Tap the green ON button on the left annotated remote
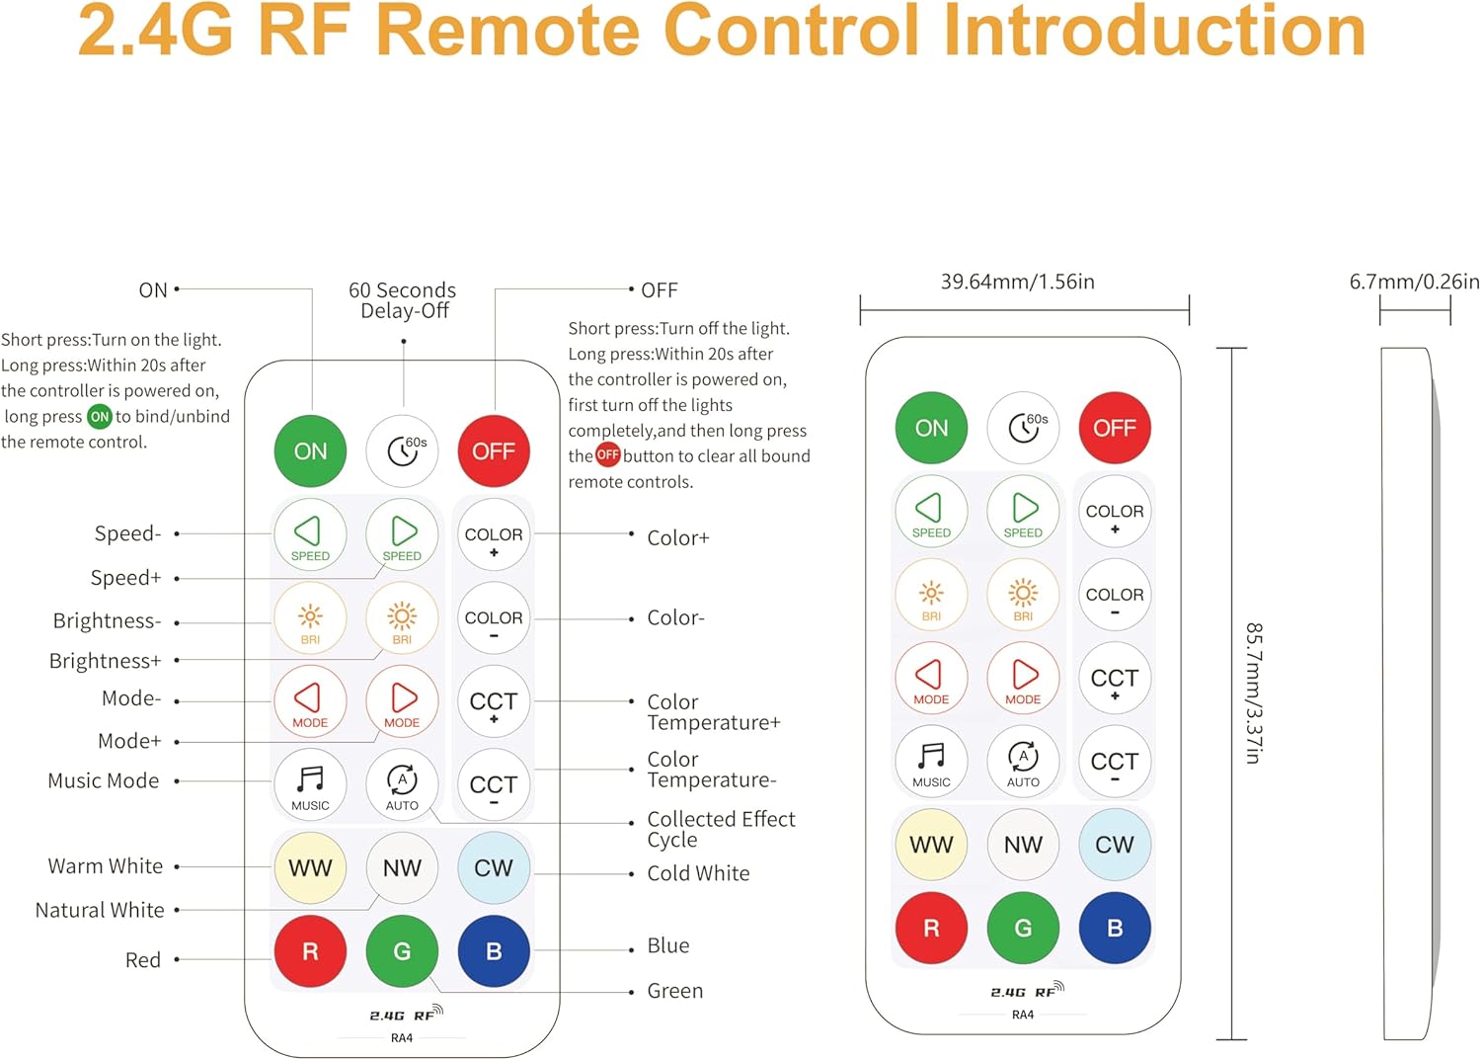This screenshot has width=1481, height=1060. click(x=310, y=451)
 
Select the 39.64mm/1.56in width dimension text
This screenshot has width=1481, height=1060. click(x=1017, y=283)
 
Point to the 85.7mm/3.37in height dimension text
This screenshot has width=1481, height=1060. click(x=1253, y=693)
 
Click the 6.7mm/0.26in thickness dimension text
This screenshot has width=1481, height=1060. click(x=1414, y=283)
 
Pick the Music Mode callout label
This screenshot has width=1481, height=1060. click(x=104, y=780)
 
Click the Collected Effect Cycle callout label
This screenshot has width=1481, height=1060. click(x=720, y=829)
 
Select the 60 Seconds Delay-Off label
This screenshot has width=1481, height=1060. click(x=403, y=300)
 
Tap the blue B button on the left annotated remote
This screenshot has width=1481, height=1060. click(x=494, y=951)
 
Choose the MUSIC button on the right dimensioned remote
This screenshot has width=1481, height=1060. click(x=931, y=762)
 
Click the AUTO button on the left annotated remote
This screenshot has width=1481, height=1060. click(x=402, y=785)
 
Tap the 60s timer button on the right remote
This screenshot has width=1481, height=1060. click(x=1024, y=428)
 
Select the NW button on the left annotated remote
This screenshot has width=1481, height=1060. click(x=402, y=868)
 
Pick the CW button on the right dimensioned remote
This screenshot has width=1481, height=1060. click(x=1115, y=845)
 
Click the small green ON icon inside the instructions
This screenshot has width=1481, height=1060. click(x=100, y=417)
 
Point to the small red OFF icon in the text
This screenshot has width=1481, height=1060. click(x=607, y=455)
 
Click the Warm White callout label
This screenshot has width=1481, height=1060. click(x=106, y=866)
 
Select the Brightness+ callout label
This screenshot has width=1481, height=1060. click(x=105, y=661)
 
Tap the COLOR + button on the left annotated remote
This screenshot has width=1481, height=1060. click(x=494, y=539)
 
